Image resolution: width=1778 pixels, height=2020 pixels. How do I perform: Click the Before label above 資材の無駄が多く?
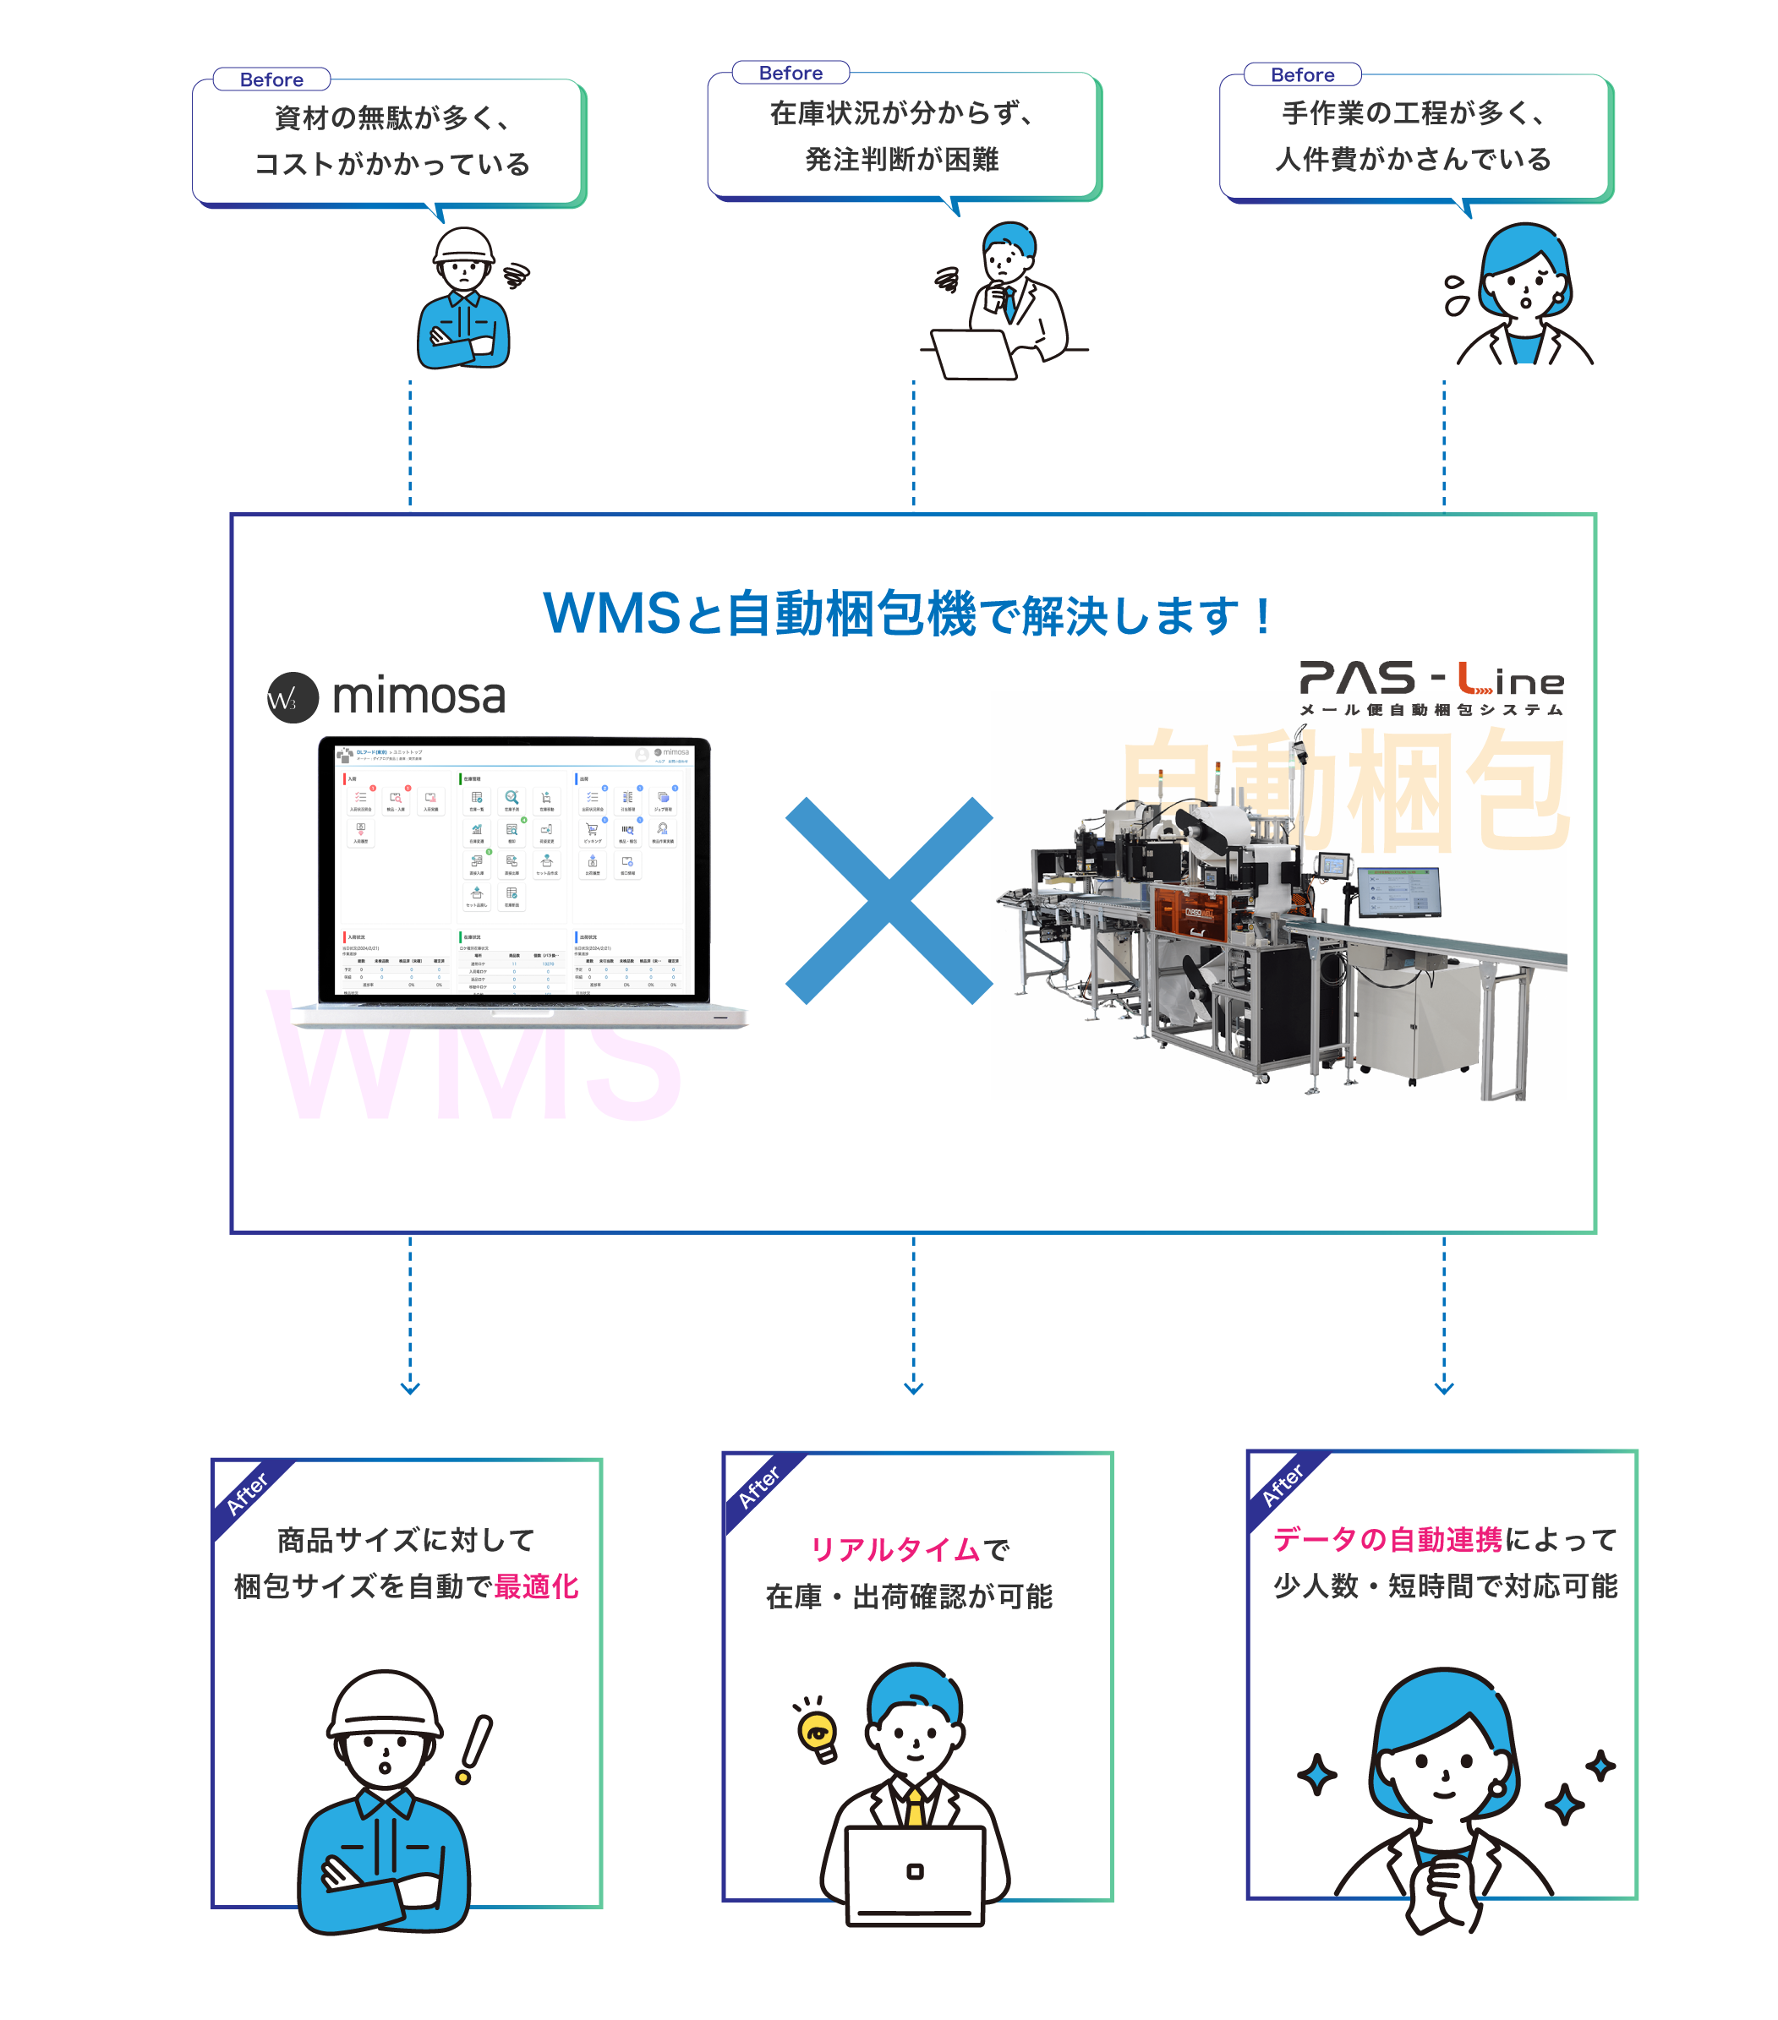click(271, 80)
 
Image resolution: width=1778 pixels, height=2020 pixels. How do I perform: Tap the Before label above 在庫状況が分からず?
click(791, 74)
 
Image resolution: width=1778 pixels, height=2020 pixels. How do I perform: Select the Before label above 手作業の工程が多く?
click(1302, 75)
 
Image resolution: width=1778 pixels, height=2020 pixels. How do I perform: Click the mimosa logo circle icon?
click(293, 698)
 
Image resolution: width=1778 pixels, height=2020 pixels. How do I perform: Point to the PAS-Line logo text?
click(1431, 680)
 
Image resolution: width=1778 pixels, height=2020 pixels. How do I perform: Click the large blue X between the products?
click(889, 900)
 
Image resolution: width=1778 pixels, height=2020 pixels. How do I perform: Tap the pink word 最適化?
click(537, 1586)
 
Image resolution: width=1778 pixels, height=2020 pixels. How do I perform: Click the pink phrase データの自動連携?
click(1387, 1539)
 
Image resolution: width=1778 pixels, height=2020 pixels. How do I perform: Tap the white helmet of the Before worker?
click(463, 246)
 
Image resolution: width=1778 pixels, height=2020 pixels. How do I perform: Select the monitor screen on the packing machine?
click(1398, 892)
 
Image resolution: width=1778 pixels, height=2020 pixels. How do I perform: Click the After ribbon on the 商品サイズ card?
click(248, 1493)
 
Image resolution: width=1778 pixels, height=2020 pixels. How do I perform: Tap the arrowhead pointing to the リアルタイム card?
click(913, 1389)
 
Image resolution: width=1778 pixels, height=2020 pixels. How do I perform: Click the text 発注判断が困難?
click(901, 159)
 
